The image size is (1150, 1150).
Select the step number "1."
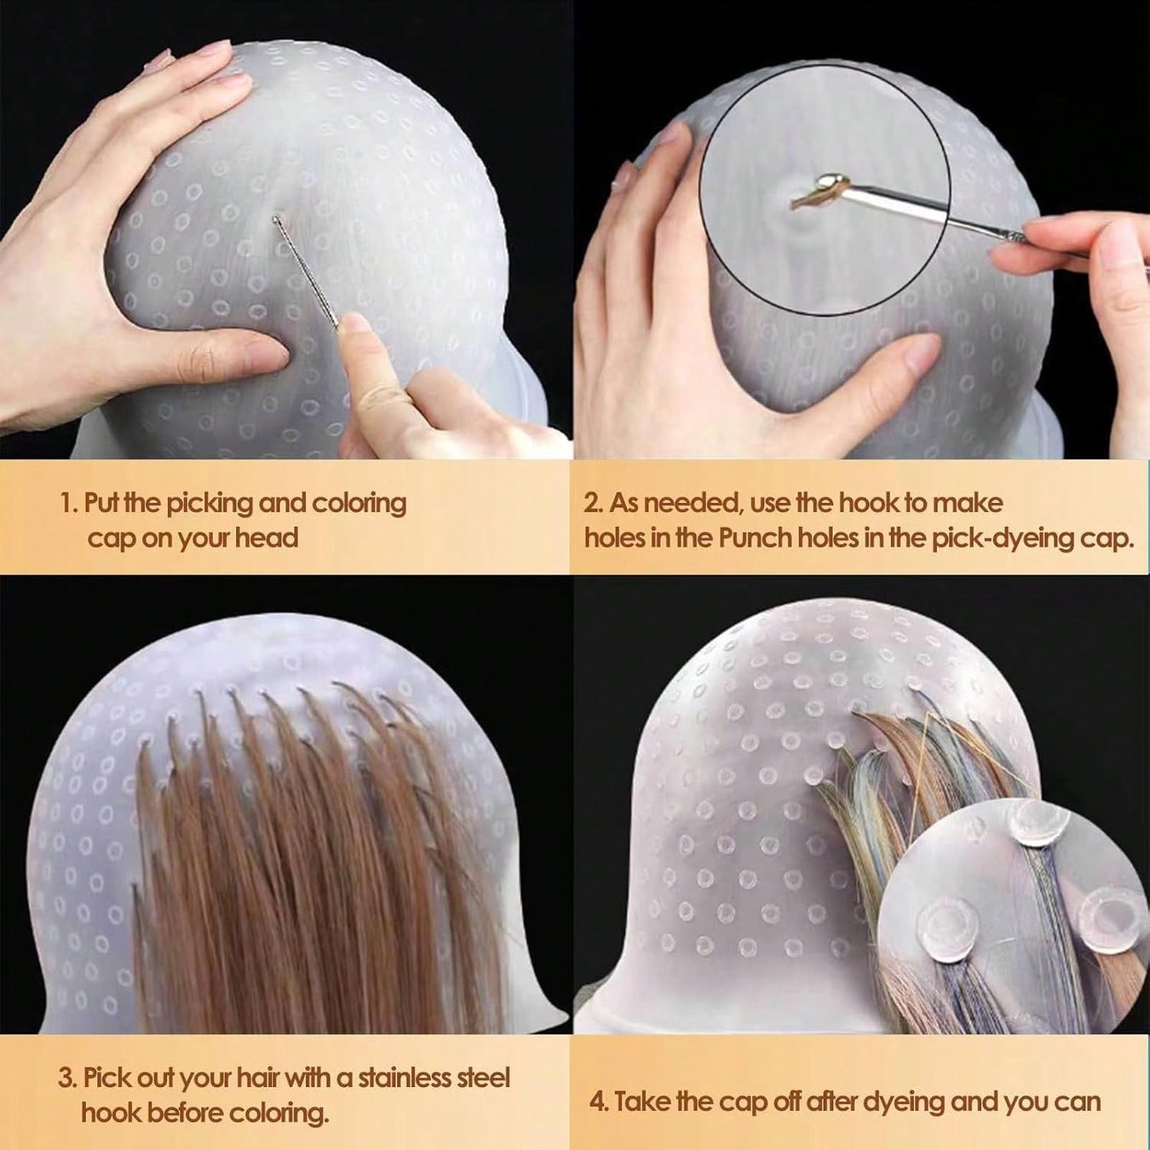pos(69,503)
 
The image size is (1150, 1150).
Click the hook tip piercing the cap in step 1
pos(275,219)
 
